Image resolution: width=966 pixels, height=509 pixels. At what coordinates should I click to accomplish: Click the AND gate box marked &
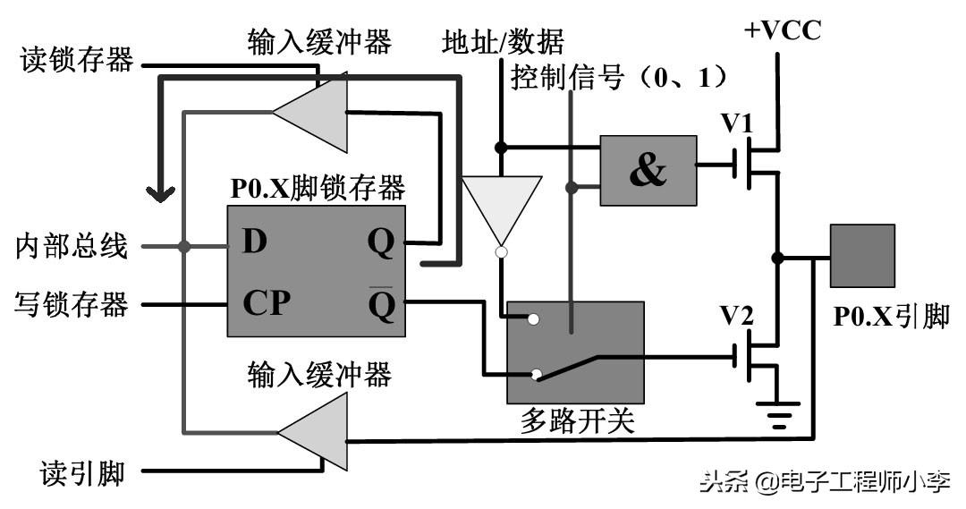tap(648, 170)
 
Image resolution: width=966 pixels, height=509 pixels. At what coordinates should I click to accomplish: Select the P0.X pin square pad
tap(862, 256)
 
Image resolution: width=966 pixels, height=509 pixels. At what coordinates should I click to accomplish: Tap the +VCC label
tap(782, 32)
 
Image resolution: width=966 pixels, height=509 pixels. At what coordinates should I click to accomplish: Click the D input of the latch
tap(255, 242)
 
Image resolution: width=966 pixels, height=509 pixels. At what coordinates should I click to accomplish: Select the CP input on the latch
tap(267, 303)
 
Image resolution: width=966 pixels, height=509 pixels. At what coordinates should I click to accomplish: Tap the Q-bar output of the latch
tap(381, 305)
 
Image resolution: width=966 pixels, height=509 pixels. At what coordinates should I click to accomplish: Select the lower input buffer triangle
tap(314, 433)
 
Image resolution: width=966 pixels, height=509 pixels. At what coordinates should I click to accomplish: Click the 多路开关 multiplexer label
tap(576, 420)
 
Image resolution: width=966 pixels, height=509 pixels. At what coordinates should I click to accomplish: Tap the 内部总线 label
tap(72, 246)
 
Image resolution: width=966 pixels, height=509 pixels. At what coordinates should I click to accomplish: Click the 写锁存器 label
tap(72, 304)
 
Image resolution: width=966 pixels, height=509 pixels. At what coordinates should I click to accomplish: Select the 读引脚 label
tap(81, 473)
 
